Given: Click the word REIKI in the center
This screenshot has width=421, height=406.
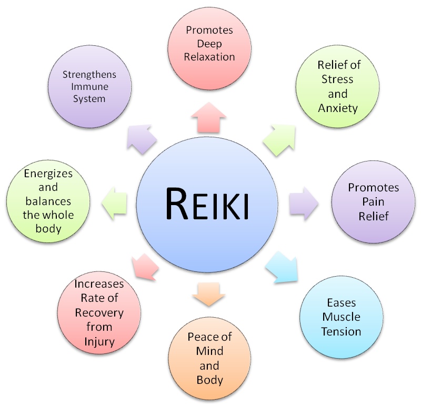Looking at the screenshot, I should click(x=207, y=204).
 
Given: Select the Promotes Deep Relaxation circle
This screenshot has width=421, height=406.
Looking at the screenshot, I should click(x=209, y=43).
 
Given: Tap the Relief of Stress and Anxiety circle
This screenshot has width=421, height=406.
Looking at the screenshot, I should click(x=337, y=87).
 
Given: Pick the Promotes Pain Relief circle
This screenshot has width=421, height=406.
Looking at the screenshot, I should click(x=373, y=202).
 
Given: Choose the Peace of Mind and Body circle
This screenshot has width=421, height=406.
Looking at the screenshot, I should click(x=209, y=357).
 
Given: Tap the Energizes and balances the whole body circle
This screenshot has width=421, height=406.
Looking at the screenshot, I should click(x=41, y=200).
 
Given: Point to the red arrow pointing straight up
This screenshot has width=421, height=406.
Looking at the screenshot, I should click(x=209, y=116).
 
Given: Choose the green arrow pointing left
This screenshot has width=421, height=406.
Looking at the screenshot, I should click(x=115, y=202).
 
